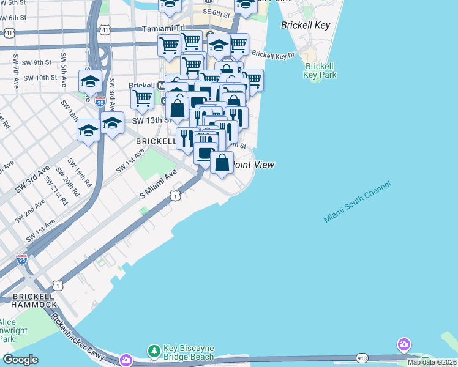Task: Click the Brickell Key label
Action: (x=306, y=26)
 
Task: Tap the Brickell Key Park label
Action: (x=320, y=70)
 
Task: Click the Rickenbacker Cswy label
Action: (x=79, y=337)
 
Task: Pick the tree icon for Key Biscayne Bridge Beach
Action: (x=154, y=351)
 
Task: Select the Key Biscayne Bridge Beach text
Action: (x=190, y=352)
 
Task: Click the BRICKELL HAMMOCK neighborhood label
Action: (x=28, y=300)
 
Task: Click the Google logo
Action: (x=20, y=360)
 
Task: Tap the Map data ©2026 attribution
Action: (x=432, y=362)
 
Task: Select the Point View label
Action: (x=254, y=165)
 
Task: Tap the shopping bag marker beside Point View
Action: (x=222, y=163)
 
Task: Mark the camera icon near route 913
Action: (x=404, y=344)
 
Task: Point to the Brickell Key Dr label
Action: (x=278, y=55)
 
